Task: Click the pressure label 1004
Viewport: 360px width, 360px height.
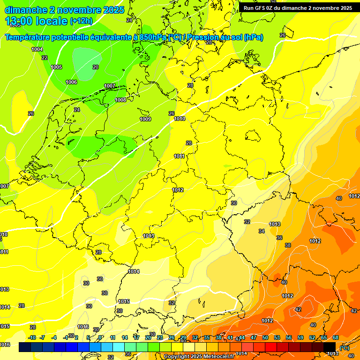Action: pyautogui.click(x=37, y=49)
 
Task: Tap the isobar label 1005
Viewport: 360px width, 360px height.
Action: pyautogui.click(x=56, y=67)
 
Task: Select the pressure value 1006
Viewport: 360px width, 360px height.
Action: pyautogui.click(x=71, y=82)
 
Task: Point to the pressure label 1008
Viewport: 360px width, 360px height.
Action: pyautogui.click(x=120, y=100)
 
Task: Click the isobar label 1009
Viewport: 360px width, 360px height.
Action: pyautogui.click(x=145, y=119)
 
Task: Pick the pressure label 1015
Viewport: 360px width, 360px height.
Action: pyautogui.click(x=124, y=301)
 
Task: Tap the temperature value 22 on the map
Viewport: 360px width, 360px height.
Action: pyautogui.click(x=45, y=58)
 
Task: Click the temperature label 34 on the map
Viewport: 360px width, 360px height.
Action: pyautogui.click(x=262, y=231)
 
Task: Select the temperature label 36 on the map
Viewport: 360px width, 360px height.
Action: pyautogui.click(x=279, y=238)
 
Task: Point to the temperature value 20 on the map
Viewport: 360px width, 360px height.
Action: pyautogui.click(x=96, y=67)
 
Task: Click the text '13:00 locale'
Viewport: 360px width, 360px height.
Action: pyautogui.click(x=36, y=21)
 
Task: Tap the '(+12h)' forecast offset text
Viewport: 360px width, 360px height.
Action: pyautogui.click(x=81, y=22)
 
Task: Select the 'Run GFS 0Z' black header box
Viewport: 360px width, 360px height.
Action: pyautogui.click(x=298, y=8)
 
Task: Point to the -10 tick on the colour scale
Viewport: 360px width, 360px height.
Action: pyautogui.click(x=32, y=337)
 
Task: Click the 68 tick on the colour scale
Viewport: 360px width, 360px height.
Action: pyautogui.click(x=336, y=337)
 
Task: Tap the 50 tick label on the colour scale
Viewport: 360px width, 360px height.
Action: pyautogui.click(x=265, y=337)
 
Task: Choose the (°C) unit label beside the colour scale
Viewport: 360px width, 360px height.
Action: pyautogui.click(x=344, y=348)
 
